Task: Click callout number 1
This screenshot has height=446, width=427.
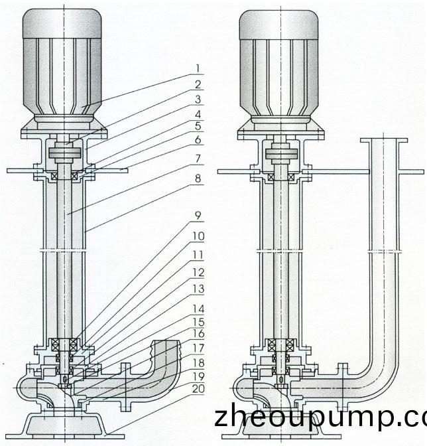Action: (x=198, y=68)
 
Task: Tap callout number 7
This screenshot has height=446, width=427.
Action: (x=198, y=159)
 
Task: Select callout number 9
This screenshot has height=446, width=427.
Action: (x=198, y=216)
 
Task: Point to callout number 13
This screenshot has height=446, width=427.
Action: (x=199, y=289)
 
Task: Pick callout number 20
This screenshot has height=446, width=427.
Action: (x=198, y=389)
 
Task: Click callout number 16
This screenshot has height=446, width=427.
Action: (x=199, y=334)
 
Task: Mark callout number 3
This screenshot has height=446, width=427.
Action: (x=198, y=100)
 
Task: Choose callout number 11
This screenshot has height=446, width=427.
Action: (x=199, y=255)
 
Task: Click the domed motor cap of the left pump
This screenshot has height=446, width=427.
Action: (x=62, y=23)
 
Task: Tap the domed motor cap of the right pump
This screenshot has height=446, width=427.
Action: (x=278, y=25)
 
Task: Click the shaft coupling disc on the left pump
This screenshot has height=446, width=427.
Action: (x=65, y=153)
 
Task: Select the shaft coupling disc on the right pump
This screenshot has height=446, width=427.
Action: (x=282, y=153)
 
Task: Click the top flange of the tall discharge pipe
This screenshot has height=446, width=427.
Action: (x=384, y=140)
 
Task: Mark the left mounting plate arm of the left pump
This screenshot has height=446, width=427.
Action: (x=25, y=171)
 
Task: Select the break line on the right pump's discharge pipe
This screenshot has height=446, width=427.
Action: (x=385, y=252)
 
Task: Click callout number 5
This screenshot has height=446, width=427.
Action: (x=198, y=125)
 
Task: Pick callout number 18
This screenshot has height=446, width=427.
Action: (x=199, y=363)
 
